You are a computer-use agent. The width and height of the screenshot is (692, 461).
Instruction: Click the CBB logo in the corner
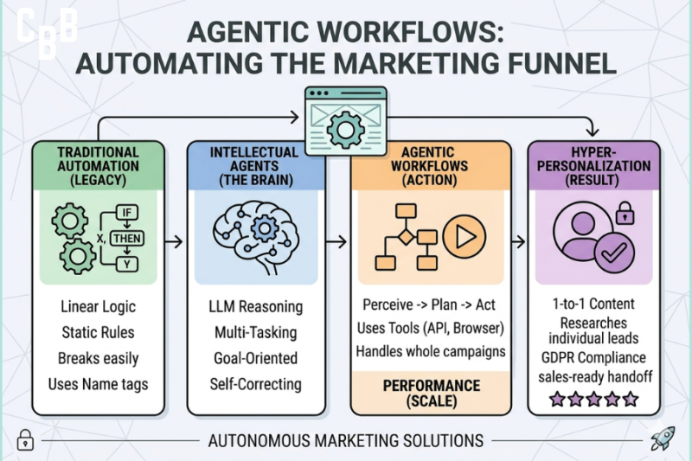point(47,34)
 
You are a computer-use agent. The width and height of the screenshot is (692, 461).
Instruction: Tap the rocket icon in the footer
point(662,439)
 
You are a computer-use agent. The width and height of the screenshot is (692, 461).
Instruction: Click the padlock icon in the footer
point(25,439)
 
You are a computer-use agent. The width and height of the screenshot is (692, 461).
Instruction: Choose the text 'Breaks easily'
point(99,357)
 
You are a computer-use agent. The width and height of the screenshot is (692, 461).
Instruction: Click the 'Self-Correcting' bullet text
point(256,383)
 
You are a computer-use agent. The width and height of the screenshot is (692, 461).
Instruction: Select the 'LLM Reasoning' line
point(256,306)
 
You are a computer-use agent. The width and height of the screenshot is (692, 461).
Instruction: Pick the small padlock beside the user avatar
point(623,210)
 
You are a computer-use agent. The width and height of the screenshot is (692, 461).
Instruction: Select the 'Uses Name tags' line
point(99,383)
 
